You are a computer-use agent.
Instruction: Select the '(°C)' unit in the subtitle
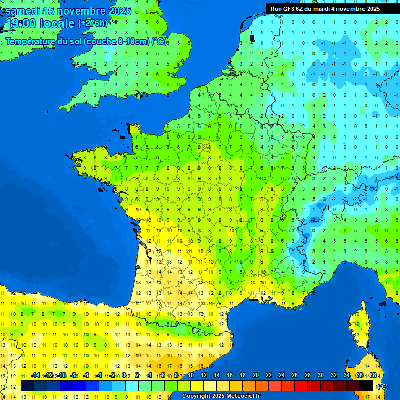pos(159,42)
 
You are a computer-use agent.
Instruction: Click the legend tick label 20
pos(256,376)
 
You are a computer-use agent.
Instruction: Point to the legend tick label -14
pos(35,376)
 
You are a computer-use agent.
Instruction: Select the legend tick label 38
pos(373,376)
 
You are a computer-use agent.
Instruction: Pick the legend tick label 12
pos(204,376)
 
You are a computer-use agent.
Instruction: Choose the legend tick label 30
pos(321,376)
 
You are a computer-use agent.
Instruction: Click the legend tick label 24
pos(282,376)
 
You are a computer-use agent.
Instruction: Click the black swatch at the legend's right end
pos(367,385)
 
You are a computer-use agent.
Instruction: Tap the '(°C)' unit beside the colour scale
pos(382,386)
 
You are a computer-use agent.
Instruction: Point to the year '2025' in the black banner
pos(371,9)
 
